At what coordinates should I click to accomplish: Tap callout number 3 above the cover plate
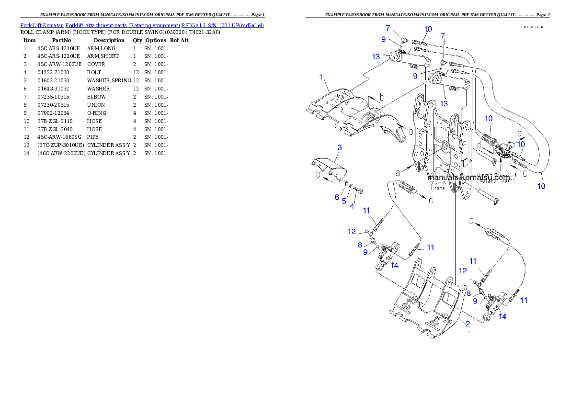point(339,148)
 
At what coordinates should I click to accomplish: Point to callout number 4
point(352,206)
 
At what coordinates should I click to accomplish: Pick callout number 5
point(344,201)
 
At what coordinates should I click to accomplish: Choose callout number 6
point(337,197)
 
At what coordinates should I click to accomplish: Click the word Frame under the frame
point(438,188)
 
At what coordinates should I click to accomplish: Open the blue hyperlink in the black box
point(142,25)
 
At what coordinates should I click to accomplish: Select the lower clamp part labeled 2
point(424,306)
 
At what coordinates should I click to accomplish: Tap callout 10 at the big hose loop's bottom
point(541,186)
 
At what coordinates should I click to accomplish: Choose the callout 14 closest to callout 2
point(502,316)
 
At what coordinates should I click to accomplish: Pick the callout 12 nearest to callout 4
point(352,232)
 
